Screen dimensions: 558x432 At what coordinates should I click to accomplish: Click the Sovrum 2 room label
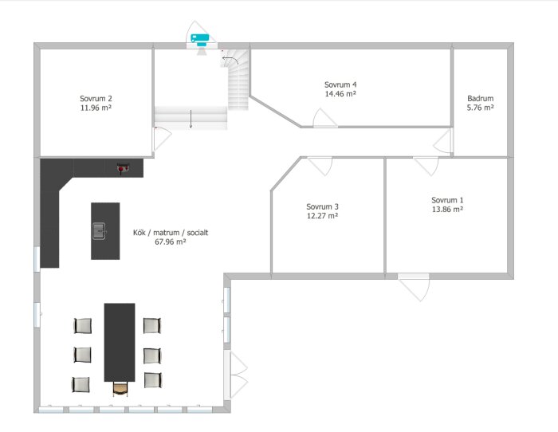[x=96, y=99]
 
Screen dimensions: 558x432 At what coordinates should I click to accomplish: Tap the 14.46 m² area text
[x=340, y=94]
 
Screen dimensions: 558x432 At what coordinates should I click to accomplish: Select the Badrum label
[x=481, y=99]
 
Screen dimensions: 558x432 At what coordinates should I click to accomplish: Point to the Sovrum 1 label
[x=447, y=200]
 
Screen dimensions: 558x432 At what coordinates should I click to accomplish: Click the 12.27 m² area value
[x=322, y=216]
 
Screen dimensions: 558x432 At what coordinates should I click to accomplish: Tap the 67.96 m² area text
[x=171, y=242]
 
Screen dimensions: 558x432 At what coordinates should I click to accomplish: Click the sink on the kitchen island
[x=99, y=231]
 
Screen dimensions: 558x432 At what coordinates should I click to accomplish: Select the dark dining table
[x=120, y=342]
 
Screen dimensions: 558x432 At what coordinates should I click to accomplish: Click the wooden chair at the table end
[x=120, y=389]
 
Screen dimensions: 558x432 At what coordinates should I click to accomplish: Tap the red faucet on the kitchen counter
[x=123, y=167]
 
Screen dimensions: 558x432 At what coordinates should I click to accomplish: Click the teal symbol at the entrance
[x=199, y=39]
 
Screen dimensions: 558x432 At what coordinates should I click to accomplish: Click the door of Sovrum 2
[x=163, y=139]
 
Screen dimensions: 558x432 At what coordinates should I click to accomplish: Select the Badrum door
[x=442, y=141]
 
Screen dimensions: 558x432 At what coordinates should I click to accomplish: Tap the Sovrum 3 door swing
[x=320, y=166]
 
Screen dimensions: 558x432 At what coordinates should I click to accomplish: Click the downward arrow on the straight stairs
[x=191, y=119]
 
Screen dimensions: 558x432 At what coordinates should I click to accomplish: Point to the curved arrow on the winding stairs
[x=230, y=60]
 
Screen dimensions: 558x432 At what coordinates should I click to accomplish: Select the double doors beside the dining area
[x=236, y=375]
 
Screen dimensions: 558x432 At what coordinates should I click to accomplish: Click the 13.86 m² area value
[x=447, y=210]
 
